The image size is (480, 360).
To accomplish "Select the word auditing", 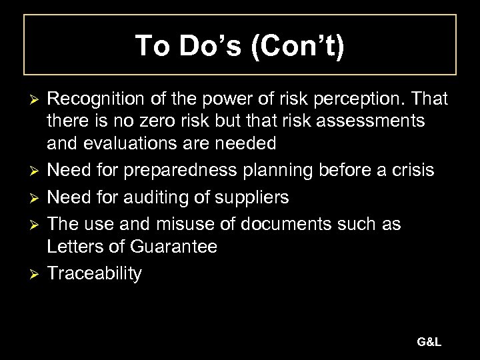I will click(x=166, y=197).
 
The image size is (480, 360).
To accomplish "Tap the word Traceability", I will click(x=94, y=274).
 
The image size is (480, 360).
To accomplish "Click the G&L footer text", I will click(x=429, y=342).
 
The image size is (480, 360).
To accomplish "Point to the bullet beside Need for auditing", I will click(x=29, y=198).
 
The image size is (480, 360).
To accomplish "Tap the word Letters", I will click(x=74, y=247).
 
